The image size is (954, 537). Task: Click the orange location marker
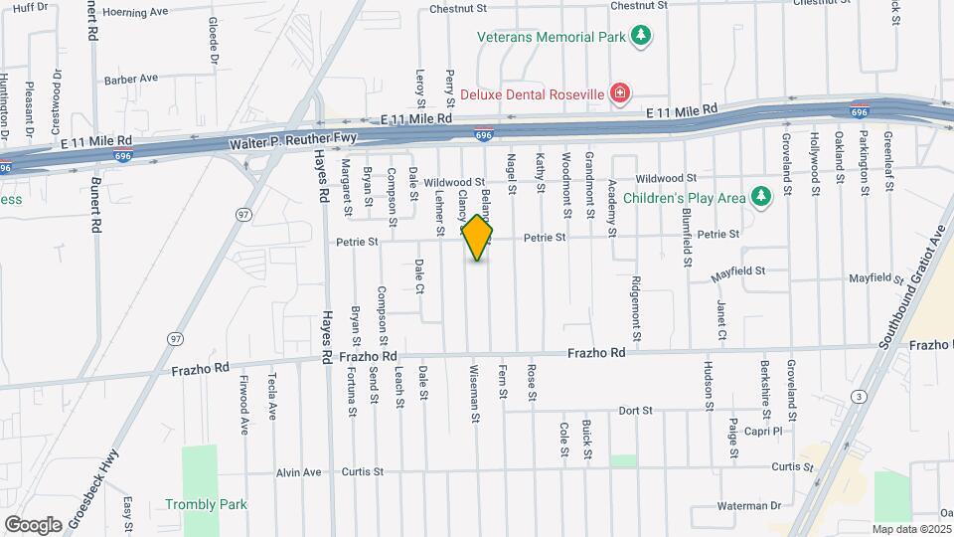click(x=478, y=238)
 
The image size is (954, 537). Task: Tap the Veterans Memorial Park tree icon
click(x=642, y=37)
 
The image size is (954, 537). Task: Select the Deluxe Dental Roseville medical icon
click(x=620, y=94)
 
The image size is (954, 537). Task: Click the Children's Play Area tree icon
click(x=761, y=197)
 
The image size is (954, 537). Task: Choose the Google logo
click(x=33, y=524)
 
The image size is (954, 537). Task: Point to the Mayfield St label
click(x=738, y=270)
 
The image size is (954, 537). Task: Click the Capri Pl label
click(x=764, y=432)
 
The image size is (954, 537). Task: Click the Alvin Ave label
click(x=299, y=472)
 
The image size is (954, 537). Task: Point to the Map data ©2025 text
click(x=911, y=529)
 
